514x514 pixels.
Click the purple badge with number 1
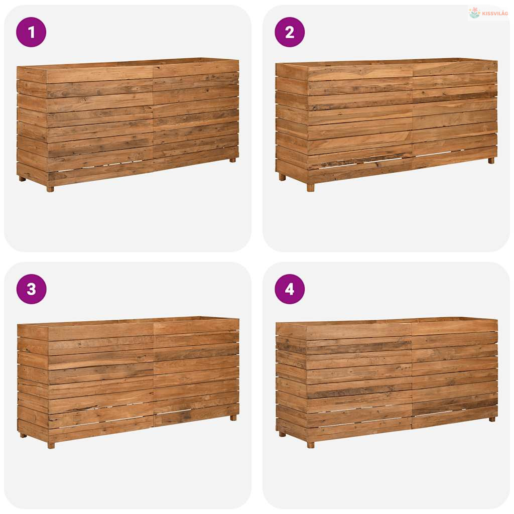31,32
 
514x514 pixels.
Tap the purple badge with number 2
290,32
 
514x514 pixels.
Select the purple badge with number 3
31,289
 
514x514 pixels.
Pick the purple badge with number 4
290,289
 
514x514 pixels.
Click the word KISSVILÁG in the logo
495,14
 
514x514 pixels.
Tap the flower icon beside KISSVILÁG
474,13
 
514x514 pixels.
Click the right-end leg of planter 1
232,160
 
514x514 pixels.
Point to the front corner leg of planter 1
50,189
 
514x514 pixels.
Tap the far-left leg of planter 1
22,179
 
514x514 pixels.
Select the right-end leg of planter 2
491,161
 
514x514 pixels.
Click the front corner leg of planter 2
310,188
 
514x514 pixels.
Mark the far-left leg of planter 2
282,177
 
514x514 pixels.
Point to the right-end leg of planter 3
233,418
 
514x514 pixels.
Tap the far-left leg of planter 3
23,435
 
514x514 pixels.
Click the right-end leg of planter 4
492,419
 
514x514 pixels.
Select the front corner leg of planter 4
311,445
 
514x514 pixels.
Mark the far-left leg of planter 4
282,434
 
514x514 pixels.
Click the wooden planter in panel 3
128,382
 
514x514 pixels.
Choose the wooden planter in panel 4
387,382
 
